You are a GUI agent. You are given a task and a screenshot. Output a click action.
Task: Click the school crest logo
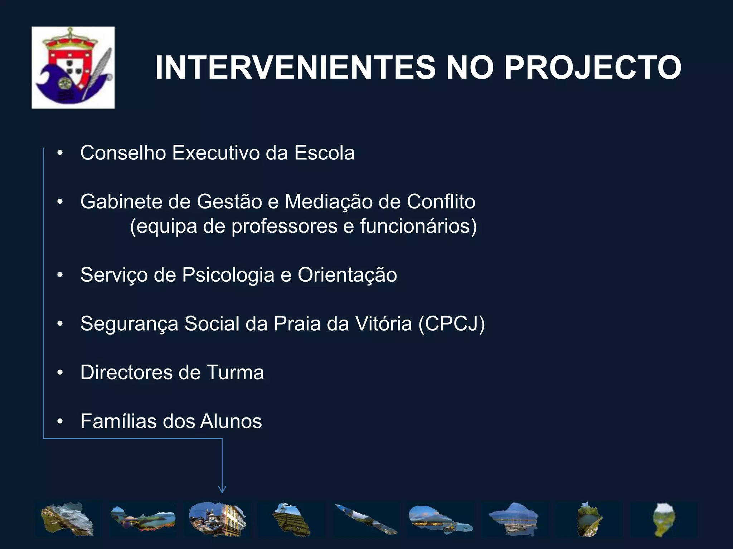tap(73, 68)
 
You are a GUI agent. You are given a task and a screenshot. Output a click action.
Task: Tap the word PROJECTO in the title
tap(592, 68)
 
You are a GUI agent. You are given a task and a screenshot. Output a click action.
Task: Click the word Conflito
tap(441, 202)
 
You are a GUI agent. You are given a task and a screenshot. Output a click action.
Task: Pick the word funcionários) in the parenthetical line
tap(418, 226)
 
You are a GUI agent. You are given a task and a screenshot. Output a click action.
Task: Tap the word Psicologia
tap(228, 275)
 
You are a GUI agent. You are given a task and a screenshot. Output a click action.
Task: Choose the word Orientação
tap(347, 275)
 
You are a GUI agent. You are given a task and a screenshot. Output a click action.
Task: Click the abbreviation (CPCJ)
tap(452, 324)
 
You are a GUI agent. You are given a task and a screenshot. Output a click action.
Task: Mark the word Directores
tap(126, 372)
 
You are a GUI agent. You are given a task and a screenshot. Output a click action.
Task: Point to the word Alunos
tap(231, 421)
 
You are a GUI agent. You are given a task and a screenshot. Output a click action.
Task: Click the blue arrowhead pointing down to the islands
tap(222, 489)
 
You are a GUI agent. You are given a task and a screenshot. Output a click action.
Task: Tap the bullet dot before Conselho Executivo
tap(60, 153)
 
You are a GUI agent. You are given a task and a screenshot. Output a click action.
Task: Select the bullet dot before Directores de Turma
tap(60, 373)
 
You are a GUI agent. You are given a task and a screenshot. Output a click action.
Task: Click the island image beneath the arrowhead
tap(218, 519)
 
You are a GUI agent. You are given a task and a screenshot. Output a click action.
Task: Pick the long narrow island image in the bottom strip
tap(366, 519)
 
